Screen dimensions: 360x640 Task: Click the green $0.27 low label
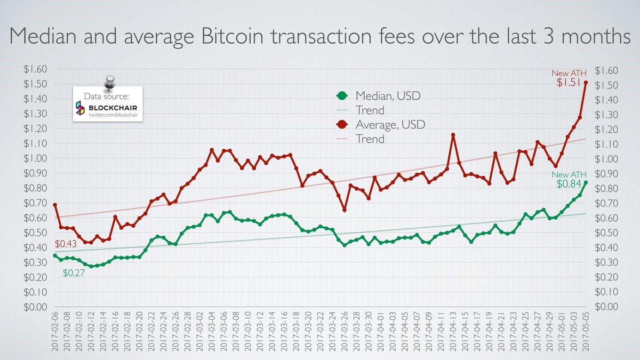[74, 273]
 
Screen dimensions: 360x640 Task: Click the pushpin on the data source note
[110, 82]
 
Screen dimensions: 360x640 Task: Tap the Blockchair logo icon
[80, 108]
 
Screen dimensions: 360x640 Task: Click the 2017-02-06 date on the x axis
[55, 334]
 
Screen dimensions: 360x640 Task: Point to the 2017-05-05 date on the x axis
[586, 334]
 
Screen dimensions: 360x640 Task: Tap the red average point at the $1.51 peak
[586, 83]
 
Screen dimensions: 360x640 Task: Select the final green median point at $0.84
[586, 182]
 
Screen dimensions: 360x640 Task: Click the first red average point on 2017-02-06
[55, 205]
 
